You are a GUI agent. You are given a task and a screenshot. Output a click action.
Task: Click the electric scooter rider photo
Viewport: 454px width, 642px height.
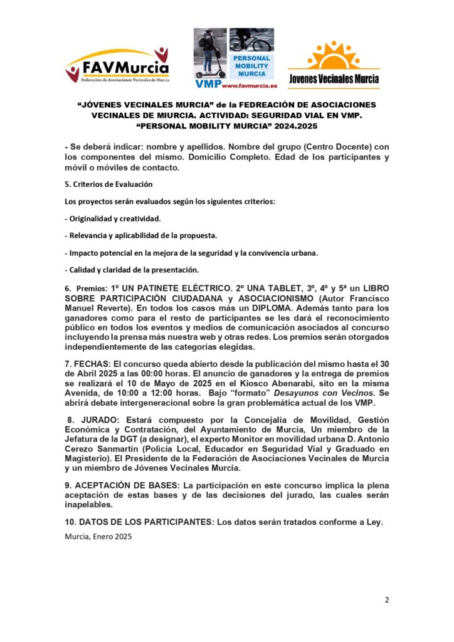tap(210, 52)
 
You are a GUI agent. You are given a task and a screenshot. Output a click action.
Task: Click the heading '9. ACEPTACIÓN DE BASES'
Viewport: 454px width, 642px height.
tap(122, 486)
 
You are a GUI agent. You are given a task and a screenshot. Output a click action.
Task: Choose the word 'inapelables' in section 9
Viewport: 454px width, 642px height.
tap(88, 505)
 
